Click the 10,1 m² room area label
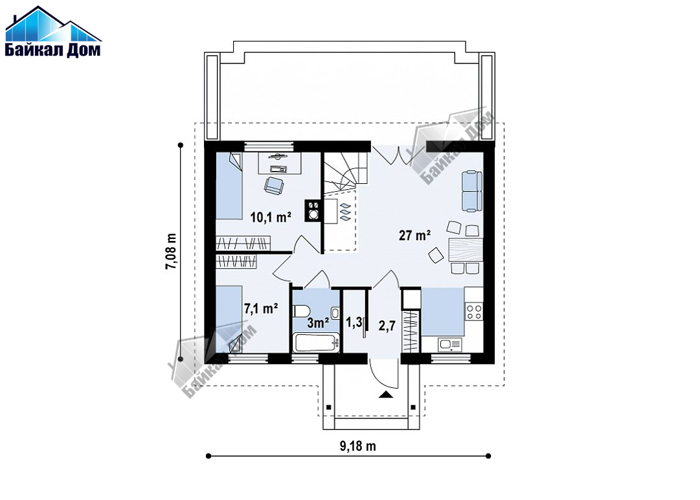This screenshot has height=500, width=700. pyautogui.click(x=271, y=218)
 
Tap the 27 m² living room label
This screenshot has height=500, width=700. pyautogui.click(x=414, y=235)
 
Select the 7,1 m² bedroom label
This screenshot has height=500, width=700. pyautogui.click(x=261, y=308)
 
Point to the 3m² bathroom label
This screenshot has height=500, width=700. pyautogui.click(x=318, y=323)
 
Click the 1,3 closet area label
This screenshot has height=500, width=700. pyautogui.click(x=354, y=323)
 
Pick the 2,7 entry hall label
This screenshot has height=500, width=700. pyautogui.click(x=387, y=326)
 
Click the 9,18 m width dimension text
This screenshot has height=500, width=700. pyautogui.click(x=358, y=446)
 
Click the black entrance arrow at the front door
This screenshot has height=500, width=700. pyautogui.click(x=385, y=394)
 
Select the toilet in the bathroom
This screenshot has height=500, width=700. pyautogui.click(x=300, y=310)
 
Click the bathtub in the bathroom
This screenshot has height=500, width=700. pyautogui.click(x=316, y=343)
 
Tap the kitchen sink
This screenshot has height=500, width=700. pyautogui.click(x=449, y=345)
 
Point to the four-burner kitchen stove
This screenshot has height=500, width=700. pyautogui.click(x=473, y=311)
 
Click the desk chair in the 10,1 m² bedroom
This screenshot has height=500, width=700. pyautogui.click(x=274, y=185)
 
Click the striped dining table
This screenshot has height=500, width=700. pyautogui.click(x=466, y=249)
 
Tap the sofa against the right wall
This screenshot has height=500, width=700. pyautogui.click(x=472, y=190)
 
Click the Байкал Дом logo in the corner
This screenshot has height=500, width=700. pyautogui.click(x=52, y=31)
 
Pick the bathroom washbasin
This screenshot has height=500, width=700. pyautogui.click(x=335, y=312)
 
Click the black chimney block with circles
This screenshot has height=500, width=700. pyautogui.click(x=314, y=210)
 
